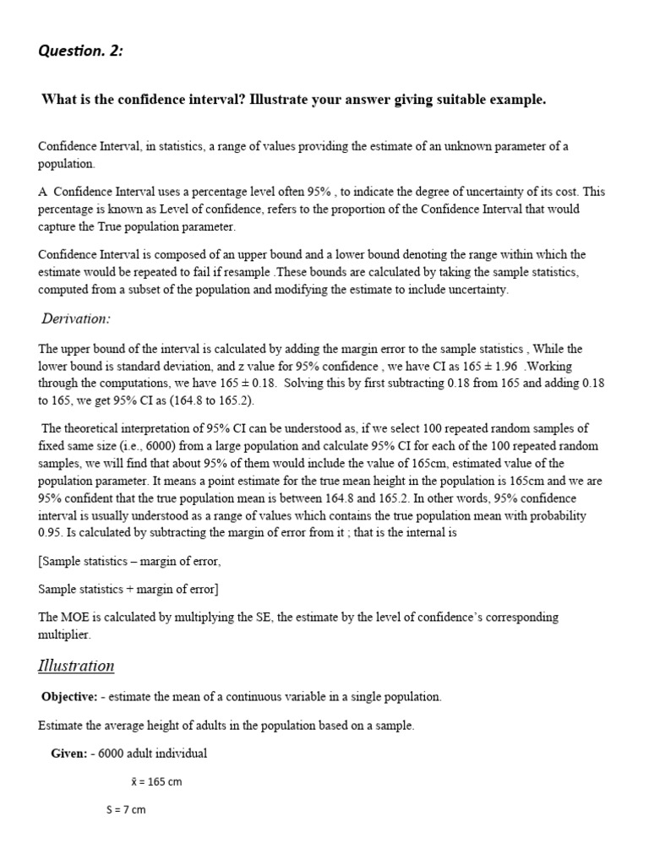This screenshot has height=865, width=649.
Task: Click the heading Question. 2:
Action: click(x=80, y=51)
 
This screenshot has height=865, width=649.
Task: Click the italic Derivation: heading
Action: click(x=76, y=318)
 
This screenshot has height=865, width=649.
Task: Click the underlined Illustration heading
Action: click(x=76, y=666)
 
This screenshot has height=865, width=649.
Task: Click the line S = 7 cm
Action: click(x=126, y=809)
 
